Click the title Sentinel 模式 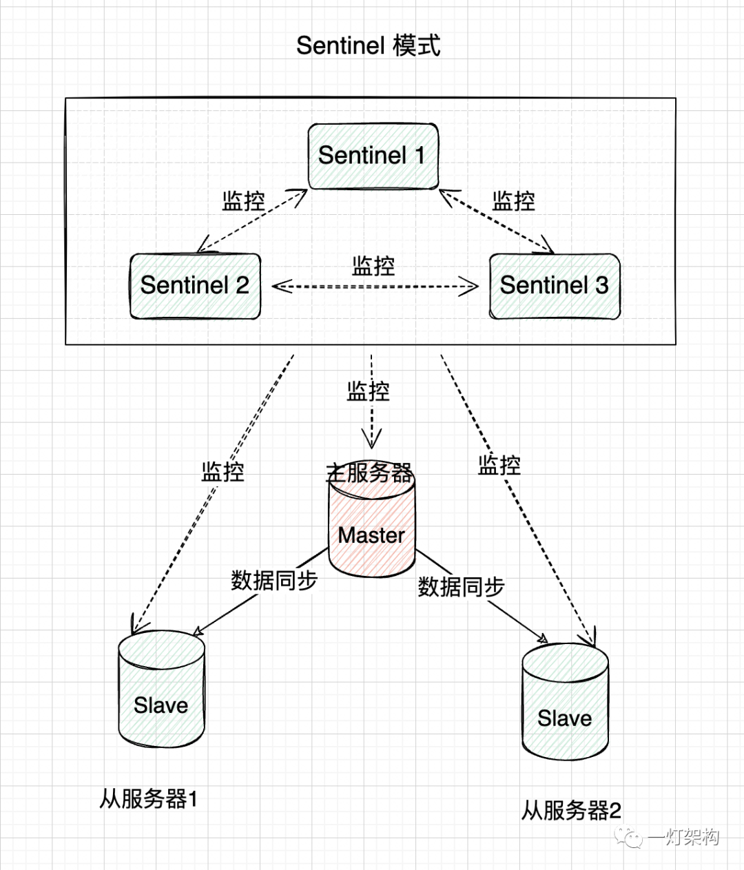(368, 46)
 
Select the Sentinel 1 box (373, 156)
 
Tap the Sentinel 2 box (195, 286)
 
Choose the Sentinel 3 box (555, 286)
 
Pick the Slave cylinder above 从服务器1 (161, 696)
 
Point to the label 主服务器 (370, 473)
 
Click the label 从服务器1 (149, 799)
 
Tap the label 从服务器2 (571, 811)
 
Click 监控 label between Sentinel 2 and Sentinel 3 (373, 266)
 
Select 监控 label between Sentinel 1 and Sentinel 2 (244, 201)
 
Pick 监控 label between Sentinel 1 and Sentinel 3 (514, 201)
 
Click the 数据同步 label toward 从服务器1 (274, 581)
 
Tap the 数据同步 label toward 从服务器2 (461, 587)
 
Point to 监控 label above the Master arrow (369, 391)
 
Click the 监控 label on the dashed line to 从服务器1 (223, 472)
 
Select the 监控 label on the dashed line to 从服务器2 (499, 465)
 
